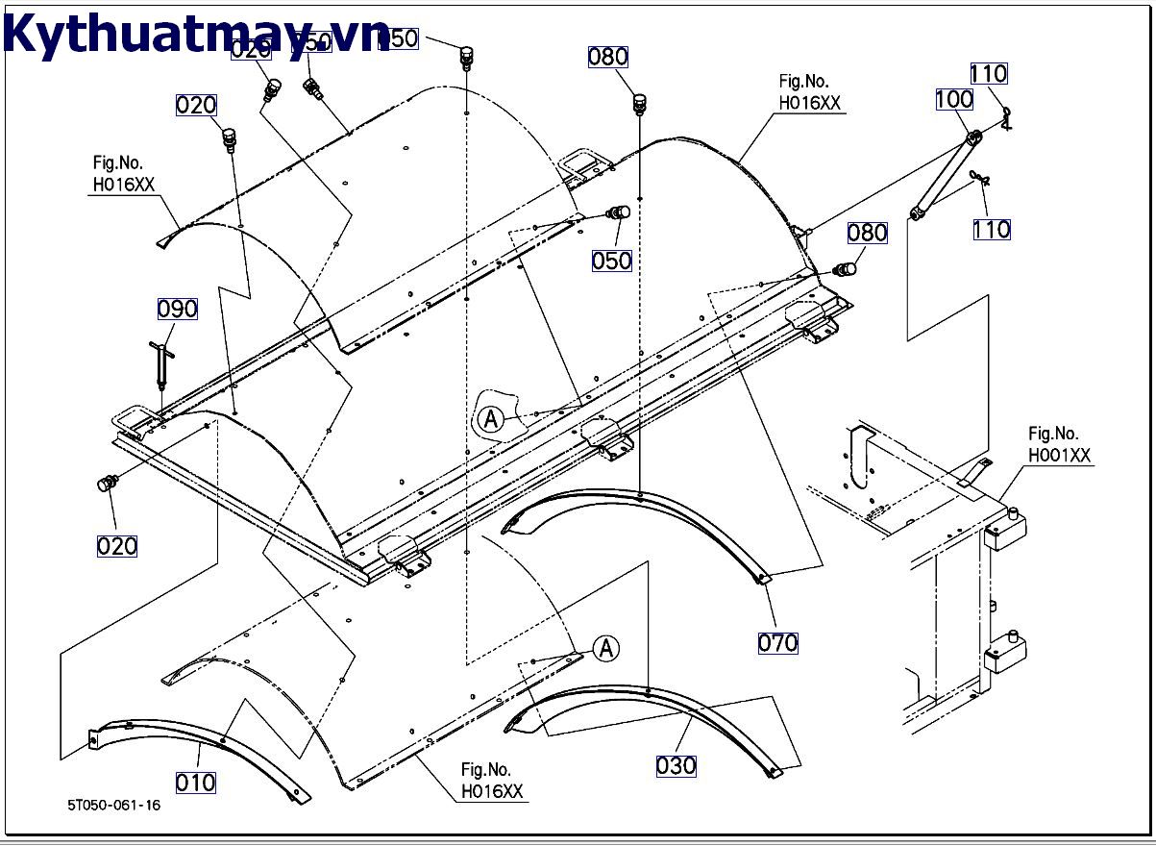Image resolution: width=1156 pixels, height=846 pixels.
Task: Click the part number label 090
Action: coord(178,309)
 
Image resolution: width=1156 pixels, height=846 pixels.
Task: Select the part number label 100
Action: coord(954,99)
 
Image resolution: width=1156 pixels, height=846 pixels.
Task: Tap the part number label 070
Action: coord(778,643)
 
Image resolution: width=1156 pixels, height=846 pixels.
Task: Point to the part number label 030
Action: coord(676,766)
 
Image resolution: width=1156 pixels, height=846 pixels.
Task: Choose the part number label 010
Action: coord(196,783)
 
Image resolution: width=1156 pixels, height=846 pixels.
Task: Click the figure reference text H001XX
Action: coord(1060,456)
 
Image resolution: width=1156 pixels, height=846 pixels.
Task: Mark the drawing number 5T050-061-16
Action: coord(114,805)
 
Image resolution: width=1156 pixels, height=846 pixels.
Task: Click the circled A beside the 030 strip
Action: coord(606,649)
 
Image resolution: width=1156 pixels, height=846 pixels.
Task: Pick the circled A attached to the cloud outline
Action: coord(490,419)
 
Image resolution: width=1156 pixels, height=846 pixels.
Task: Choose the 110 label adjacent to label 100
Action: coord(988,74)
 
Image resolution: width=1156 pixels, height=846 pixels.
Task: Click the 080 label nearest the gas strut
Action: coord(867,233)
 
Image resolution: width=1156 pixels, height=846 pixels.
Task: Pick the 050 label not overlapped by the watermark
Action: coord(611,261)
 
